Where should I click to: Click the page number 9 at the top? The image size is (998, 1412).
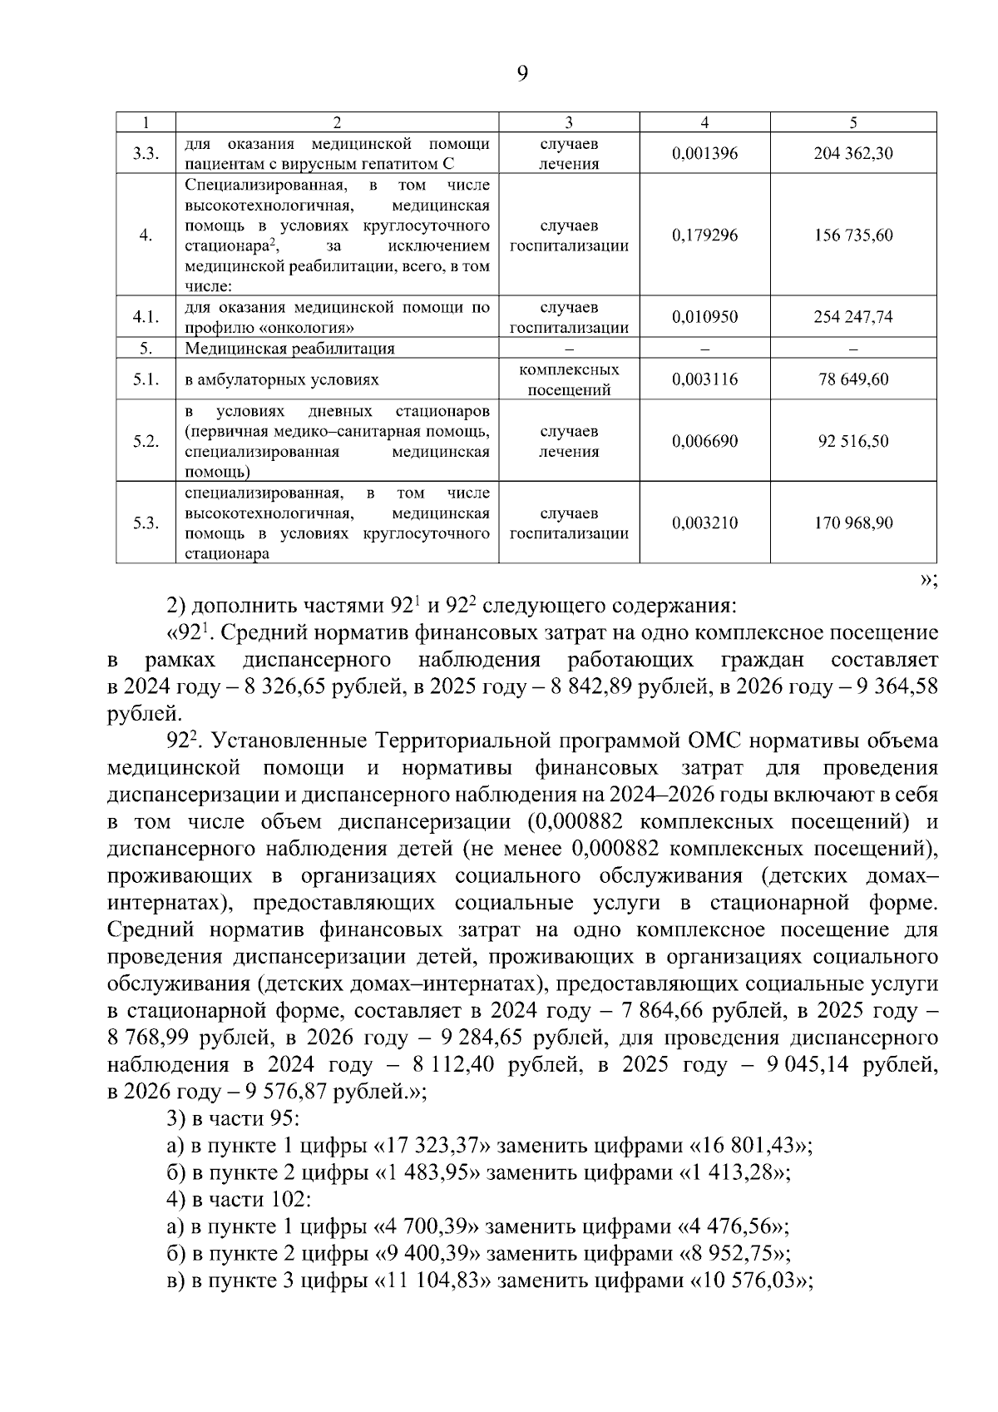pos(521,74)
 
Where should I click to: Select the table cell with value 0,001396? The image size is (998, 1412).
pos(704,154)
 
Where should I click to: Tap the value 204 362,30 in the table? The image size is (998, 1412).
pos(853,154)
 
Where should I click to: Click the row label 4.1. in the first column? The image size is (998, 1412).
pos(146,317)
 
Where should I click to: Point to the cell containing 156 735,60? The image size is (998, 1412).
pos(853,235)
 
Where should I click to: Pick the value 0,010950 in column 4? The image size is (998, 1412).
pos(704,317)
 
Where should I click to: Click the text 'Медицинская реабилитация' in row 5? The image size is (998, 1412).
pos(289,349)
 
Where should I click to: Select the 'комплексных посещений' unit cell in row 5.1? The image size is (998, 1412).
pos(569,379)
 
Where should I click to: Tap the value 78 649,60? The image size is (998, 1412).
pos(853,379)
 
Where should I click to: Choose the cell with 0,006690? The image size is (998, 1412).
pos(704,441)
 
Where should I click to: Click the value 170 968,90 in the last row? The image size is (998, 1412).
pos(853,523)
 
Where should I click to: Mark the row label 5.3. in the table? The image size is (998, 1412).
pos(146,523)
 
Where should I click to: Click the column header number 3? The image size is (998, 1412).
pos(569,122)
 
